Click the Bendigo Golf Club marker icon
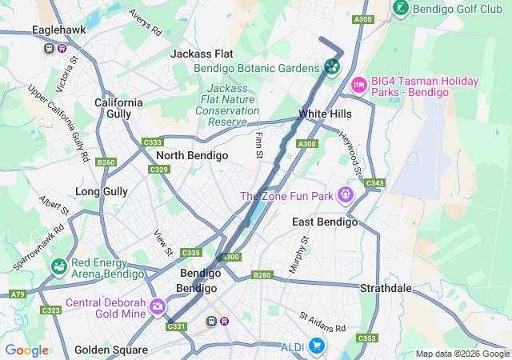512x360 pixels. point(401,9)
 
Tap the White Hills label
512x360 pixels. point(324,114)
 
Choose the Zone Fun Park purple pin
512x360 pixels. point(346,194)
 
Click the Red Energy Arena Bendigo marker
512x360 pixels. point(58,266)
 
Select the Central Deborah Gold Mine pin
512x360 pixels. point(158,306)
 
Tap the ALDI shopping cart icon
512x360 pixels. point(318,346)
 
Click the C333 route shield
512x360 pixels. point(153,142)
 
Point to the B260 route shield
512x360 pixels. point(106,162)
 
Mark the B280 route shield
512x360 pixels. point(262,275)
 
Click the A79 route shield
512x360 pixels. point(18,294)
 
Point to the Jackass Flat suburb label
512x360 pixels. point(202,54)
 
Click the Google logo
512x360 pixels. point(27,350)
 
